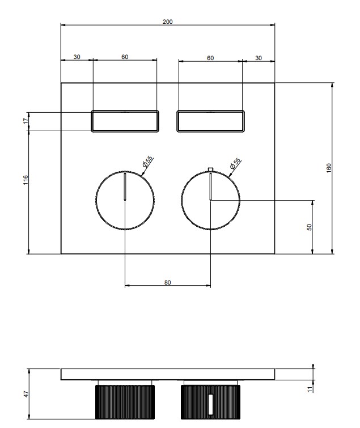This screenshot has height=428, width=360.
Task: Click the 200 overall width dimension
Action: [x=168, y=22]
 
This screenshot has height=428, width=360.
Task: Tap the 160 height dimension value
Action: [x=329, y=168]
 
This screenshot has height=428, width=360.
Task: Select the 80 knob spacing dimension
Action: [x=168, y=282]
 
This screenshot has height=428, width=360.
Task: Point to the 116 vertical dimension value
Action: [x=26, y=180]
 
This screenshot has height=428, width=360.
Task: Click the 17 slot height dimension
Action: [x=26, y=121]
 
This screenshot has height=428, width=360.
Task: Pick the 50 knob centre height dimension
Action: [x=309, y=227]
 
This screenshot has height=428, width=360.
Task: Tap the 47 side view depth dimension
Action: [x=26, y=394]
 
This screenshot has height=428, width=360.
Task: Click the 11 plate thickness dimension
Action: [x=310, y=389]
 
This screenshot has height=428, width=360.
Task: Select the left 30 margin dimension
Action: [x=77, y=57]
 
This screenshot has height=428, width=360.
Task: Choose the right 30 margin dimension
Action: [x=259, y=58]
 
